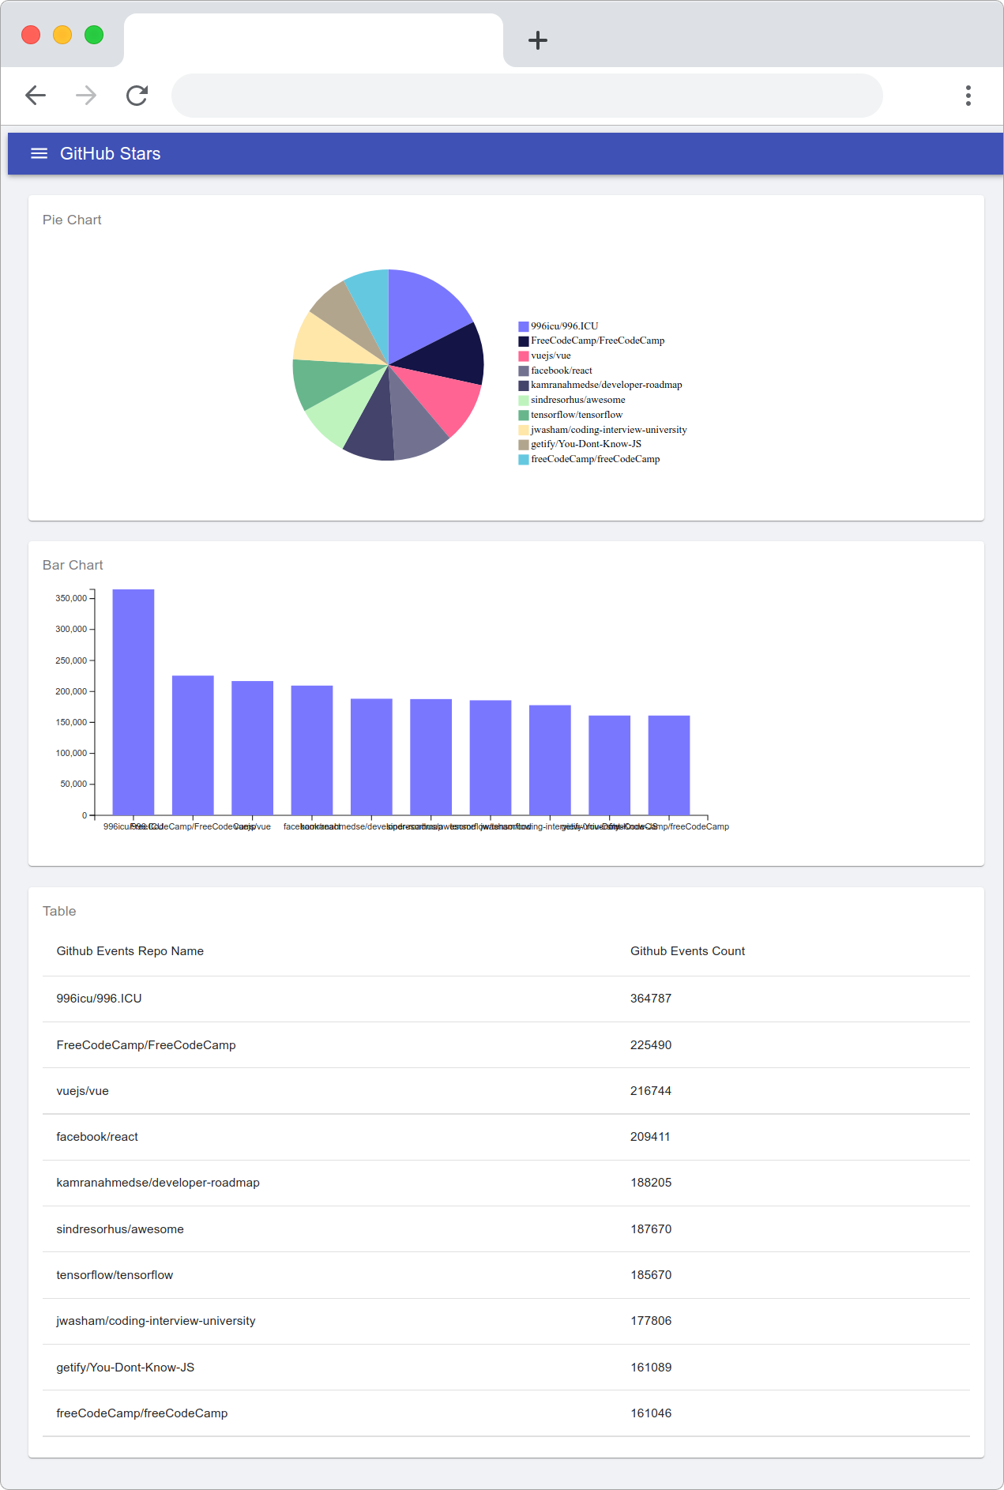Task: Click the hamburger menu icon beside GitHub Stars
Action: (39, 153)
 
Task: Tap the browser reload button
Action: (137, 96)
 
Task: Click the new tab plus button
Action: (538, 40)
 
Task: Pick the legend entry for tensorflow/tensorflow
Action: (576, 415)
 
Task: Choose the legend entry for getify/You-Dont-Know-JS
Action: (585, 444)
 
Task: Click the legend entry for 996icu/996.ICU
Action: (564, 326)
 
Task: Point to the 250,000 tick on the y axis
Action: (71, 660)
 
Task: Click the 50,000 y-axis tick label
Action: (73, 784)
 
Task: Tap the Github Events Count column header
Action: (687, 951)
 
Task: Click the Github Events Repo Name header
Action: (130, 951)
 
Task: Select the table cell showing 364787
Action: (651, 999)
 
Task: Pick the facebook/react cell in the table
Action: (97, 1137)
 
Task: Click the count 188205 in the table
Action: (651, 1183)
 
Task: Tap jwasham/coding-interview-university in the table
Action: (156, 1321)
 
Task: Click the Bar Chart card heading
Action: (73, 565)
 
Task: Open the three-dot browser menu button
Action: (968, 96)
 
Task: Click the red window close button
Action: (31, 35)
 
